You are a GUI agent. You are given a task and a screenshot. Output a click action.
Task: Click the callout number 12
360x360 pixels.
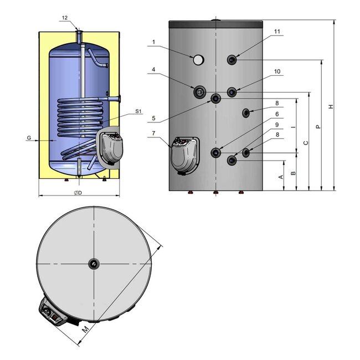[65, 18]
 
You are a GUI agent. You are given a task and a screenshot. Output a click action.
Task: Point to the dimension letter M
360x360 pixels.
[85, 330]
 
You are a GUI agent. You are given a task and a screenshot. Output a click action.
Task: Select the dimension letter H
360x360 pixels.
[331, 106]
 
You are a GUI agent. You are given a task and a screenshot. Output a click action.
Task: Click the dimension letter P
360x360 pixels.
[318, 126]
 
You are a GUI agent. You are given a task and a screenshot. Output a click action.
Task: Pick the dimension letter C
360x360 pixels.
[305, 142]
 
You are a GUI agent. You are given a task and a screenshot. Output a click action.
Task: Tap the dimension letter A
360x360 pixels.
[281, 177]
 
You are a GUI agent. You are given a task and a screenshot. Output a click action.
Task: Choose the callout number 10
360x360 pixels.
[277, 72]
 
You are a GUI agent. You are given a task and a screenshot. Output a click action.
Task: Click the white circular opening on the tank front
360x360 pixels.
[198, 59]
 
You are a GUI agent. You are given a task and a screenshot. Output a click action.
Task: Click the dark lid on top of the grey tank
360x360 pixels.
[215, 25]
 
